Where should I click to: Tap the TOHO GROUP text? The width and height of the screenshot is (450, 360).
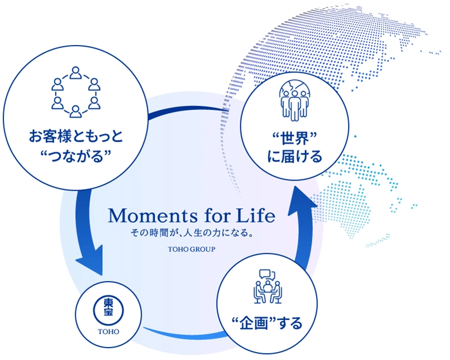(x=191, y=249)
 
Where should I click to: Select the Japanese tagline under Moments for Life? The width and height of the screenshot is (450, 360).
(x=192, y=232)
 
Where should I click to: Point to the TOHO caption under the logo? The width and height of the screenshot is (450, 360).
(x=109, y=331)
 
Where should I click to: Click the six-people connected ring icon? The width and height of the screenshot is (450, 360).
(x=76, y=92)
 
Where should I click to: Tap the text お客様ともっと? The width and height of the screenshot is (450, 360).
(x=76, y=136)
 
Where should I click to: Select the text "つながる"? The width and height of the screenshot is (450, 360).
(x=76, y=156)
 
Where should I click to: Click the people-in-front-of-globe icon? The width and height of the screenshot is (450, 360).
(x=295, y=101)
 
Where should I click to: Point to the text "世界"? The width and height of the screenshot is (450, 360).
(x=294, y=138)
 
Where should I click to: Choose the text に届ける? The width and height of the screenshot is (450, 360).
(x=295, y=157)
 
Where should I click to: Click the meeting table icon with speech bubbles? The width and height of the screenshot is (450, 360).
(x=268, y=286)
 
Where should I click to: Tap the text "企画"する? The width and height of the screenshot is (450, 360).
(x=267, y=323)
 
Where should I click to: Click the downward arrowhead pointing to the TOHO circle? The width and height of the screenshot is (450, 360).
(x=91, y=261)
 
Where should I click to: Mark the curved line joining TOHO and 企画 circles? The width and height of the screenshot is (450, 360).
(x=184, y=335)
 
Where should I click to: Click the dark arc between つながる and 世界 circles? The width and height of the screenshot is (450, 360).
(x=187, y=109)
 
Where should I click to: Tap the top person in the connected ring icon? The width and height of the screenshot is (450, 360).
(x=76, y=73)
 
